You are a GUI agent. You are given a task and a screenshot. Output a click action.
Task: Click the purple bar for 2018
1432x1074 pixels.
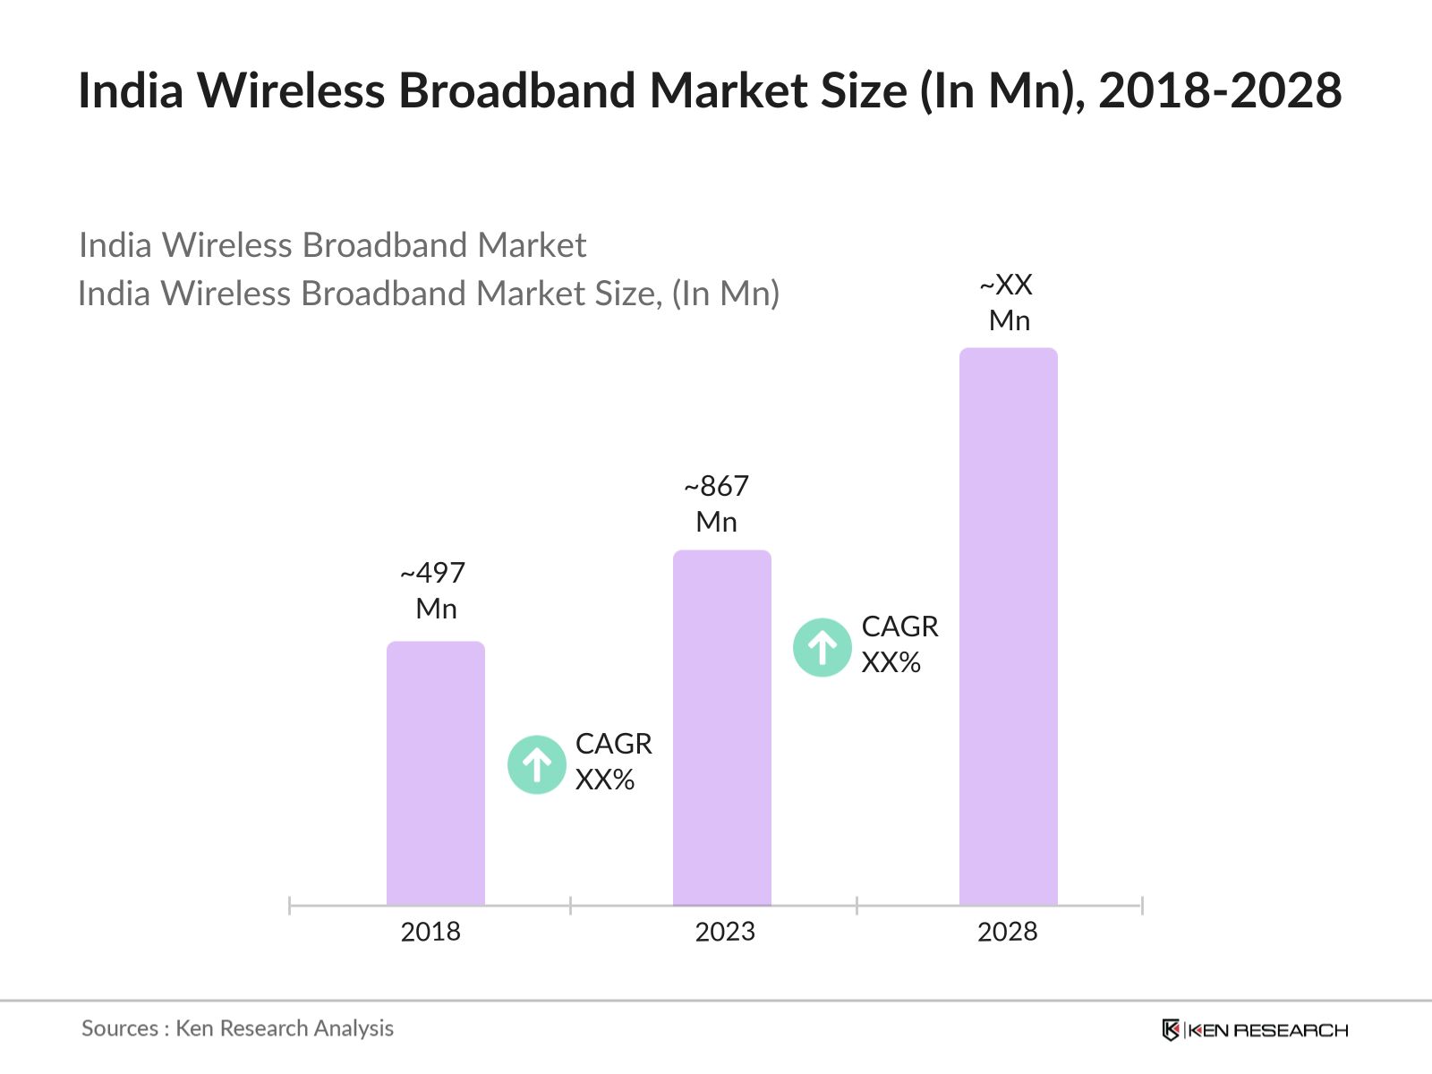(436, 774)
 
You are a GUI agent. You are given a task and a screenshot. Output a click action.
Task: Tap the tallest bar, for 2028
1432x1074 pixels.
(1009, 626)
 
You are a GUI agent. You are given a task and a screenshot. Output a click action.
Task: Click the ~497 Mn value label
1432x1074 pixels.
(434, 591)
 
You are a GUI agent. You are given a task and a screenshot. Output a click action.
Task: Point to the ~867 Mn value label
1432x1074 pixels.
(717, 504)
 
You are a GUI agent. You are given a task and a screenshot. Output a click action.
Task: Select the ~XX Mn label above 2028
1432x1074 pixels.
(1008, 303)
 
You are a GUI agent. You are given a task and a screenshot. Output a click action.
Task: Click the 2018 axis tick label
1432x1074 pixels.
(430, 932)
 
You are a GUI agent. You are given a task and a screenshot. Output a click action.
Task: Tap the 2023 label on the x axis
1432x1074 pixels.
(725, 932)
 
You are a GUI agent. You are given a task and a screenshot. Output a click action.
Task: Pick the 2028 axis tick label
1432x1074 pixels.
(1008, 932)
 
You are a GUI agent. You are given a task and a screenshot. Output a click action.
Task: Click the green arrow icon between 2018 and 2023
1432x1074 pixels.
(537, 764)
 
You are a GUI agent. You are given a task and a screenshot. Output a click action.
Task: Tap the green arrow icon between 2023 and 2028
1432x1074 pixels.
(823, 647)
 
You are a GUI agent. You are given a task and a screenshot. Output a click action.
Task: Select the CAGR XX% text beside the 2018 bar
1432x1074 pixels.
(613, 762)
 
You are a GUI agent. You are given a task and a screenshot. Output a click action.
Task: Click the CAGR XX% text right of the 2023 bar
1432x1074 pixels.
(899, 644)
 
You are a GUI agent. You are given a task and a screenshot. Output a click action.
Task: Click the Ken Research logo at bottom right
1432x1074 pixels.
(1255, 1030)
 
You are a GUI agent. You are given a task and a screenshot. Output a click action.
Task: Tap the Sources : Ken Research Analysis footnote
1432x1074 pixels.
(237, 1028)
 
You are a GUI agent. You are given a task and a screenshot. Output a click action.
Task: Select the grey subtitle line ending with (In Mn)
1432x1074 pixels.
(429, 294)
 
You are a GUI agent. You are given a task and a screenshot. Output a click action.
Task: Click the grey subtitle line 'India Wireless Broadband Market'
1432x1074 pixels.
(332, 245)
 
